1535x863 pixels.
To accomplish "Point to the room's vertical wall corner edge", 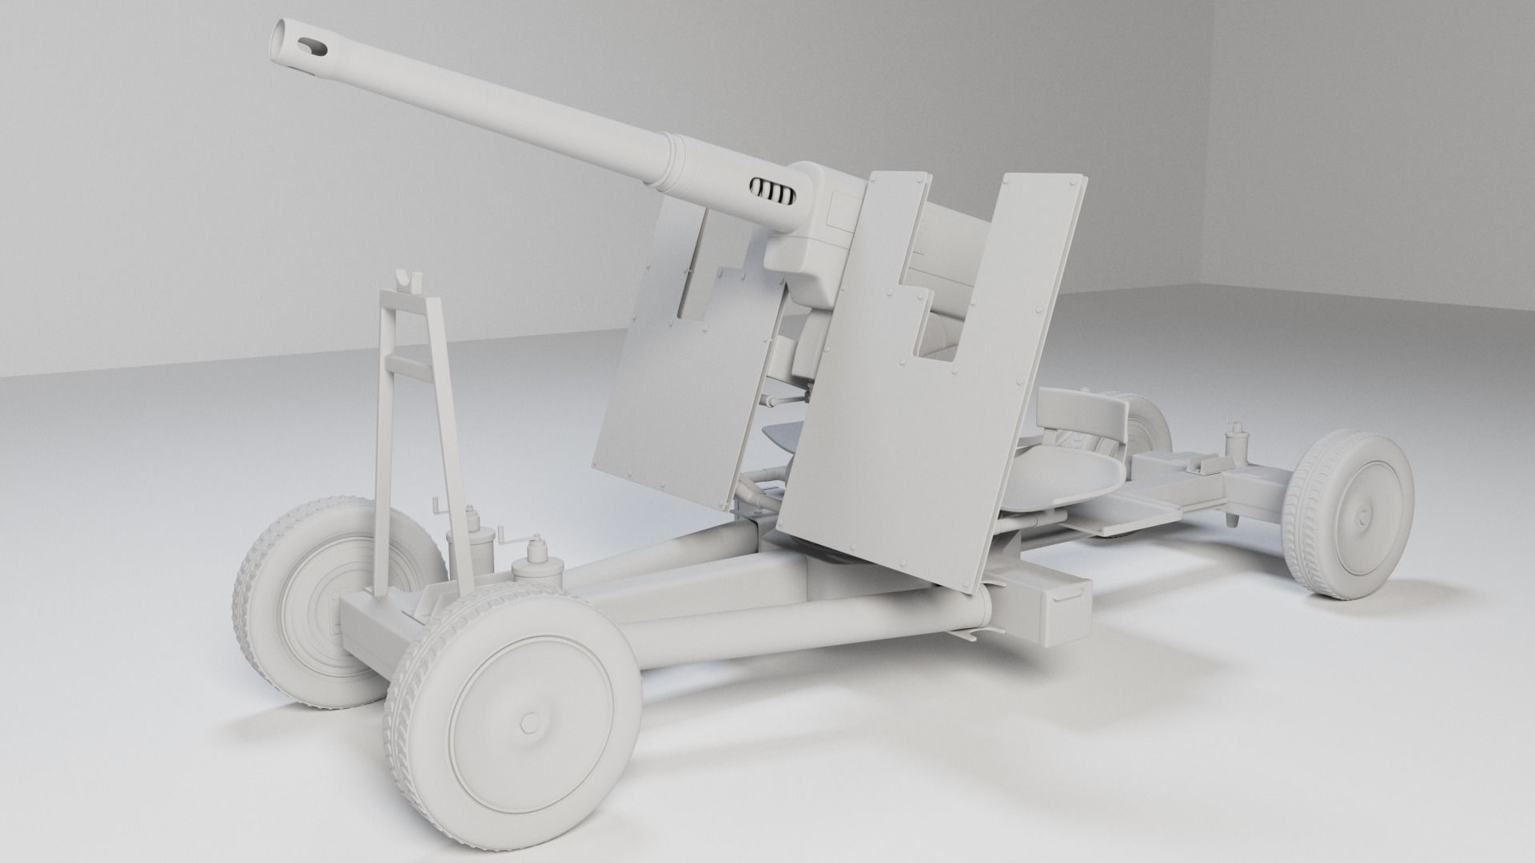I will (1209, 144).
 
